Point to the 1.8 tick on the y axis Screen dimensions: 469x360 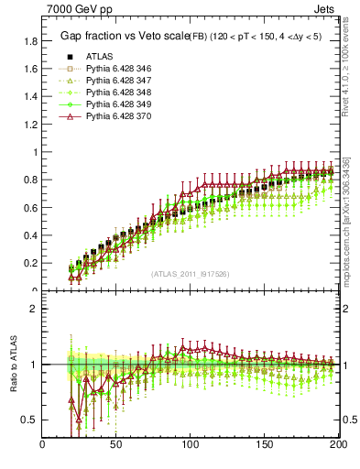30,41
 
